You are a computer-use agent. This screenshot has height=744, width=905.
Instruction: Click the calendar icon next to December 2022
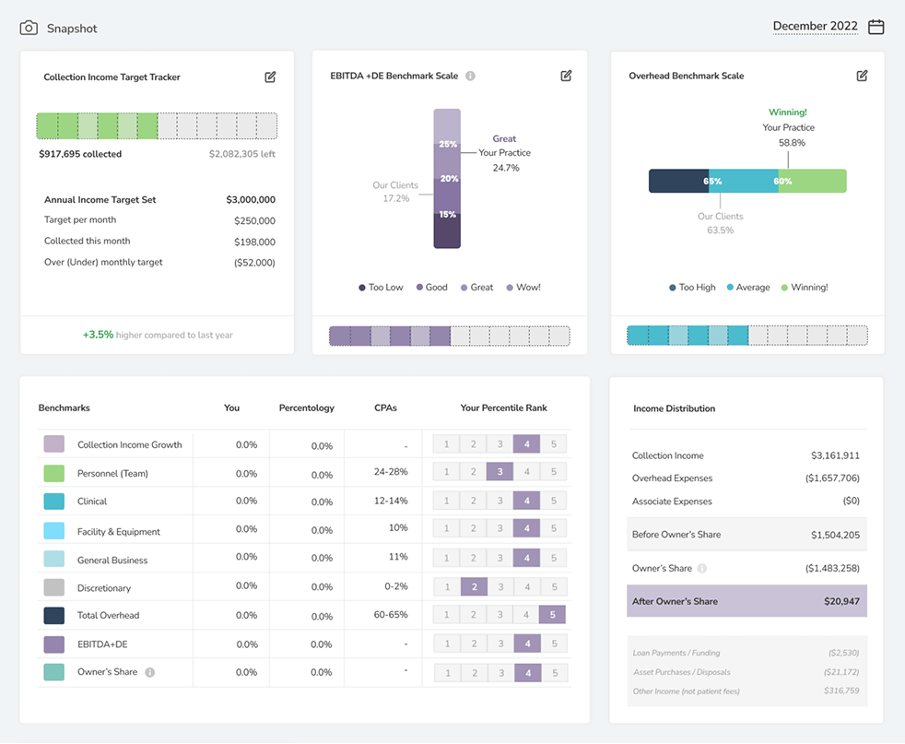tap(876, 27)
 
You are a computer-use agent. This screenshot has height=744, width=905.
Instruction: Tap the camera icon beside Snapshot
tap(29, 28)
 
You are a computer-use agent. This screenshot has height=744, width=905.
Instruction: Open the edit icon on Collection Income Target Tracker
tap(270, 77)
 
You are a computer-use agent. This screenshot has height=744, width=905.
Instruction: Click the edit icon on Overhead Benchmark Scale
tap(862, 76)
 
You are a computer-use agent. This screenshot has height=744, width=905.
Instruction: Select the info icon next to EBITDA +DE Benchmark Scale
tap(470, 76)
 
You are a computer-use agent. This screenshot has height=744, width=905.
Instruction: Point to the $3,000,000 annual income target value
tap(251, 199)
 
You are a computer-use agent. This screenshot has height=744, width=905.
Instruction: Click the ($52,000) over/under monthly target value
tap(254, 262)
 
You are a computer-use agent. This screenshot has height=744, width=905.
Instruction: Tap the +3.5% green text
tap(98, 335)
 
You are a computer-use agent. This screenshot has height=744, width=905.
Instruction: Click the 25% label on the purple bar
tap(448, 144)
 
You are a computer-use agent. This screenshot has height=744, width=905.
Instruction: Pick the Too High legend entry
tap(692, 288)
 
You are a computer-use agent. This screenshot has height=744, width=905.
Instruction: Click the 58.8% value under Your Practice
tap(791, 143)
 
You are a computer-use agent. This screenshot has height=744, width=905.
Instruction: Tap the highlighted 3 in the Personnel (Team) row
tap(500, 472)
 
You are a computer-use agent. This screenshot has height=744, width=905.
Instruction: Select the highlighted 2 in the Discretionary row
tap(473, 586)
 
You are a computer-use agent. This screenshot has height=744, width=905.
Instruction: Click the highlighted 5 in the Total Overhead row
tap(553, 615)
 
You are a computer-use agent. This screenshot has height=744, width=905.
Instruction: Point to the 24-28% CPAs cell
tap(391, 471)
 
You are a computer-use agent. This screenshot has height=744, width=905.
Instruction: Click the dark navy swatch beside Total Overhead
tap(53, 615)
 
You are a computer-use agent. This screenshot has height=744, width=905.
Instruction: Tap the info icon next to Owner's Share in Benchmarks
tap(150, 672)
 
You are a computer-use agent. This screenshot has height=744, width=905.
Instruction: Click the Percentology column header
tap(306, 407)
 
